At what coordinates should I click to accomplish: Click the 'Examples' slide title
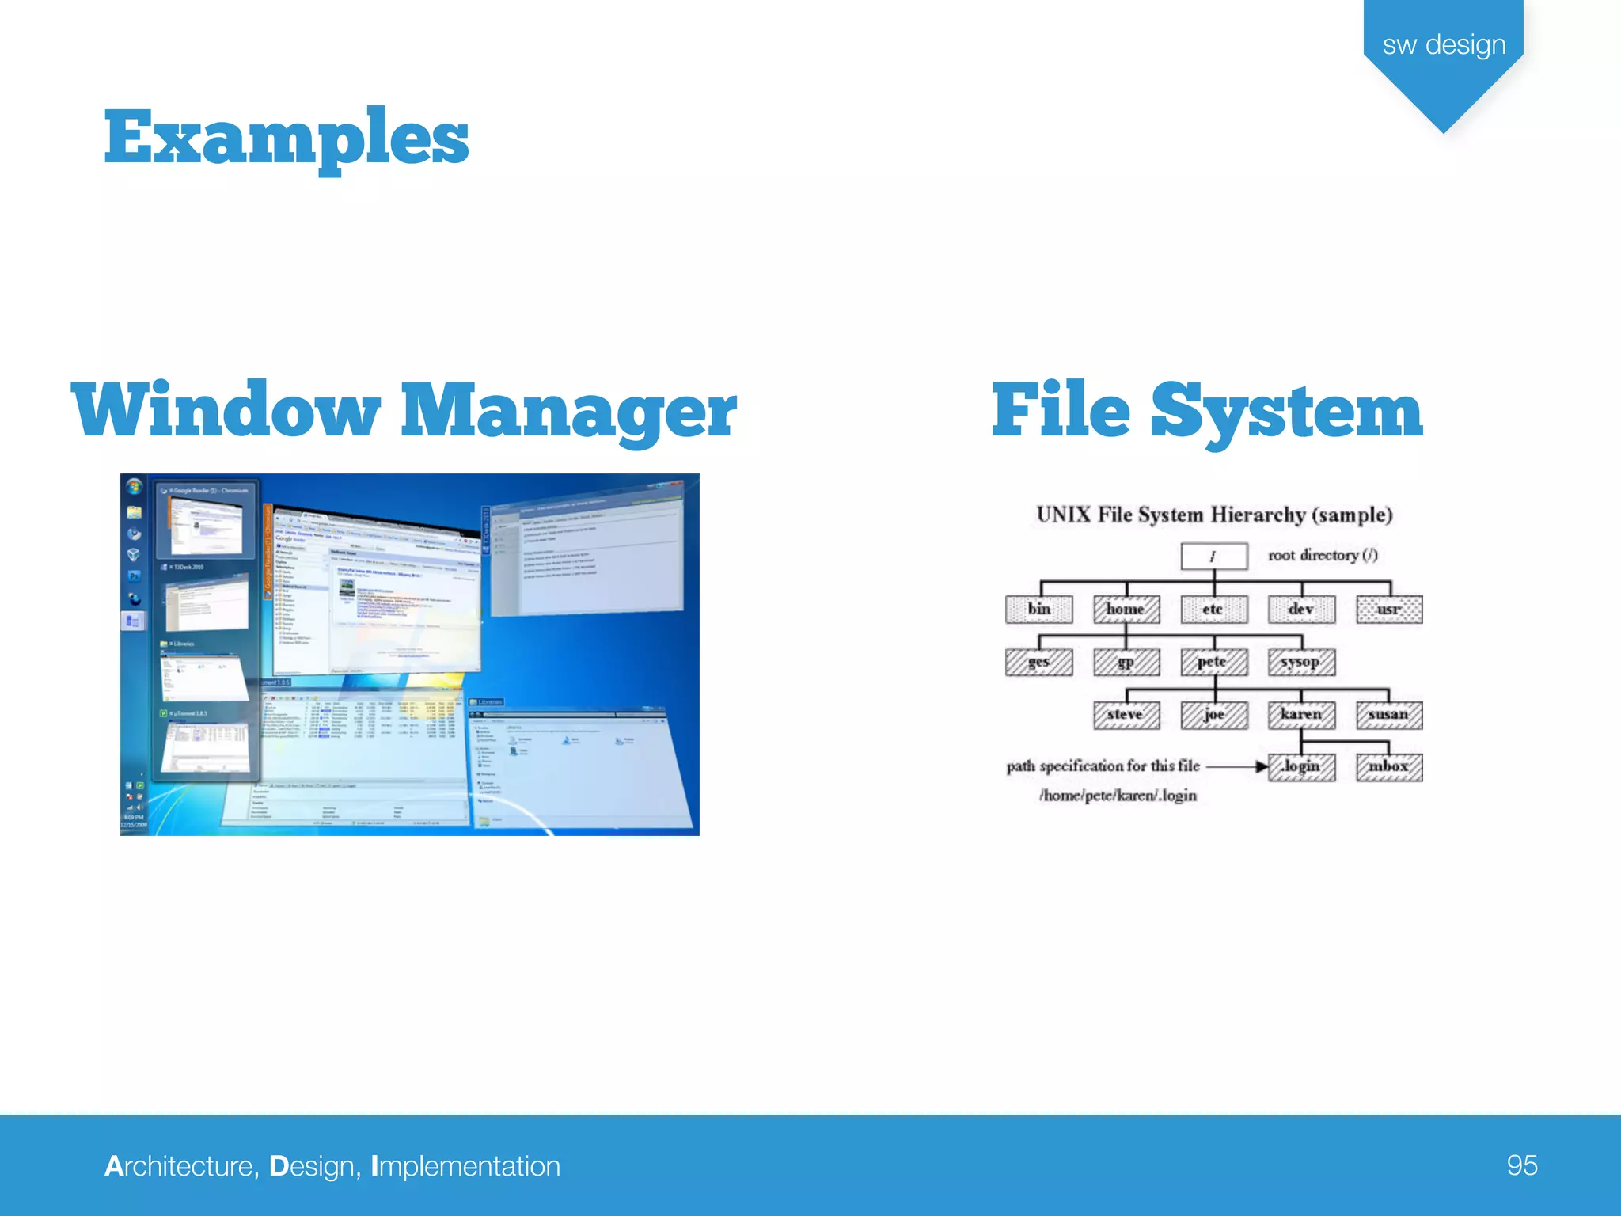tap(287, 139)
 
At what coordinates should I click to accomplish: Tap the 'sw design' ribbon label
tap(1443, 44)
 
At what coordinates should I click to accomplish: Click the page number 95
tap(1521, 1165)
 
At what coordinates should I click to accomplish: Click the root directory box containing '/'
tap(1213, 556)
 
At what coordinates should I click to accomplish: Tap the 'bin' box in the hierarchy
tap(1039, 609)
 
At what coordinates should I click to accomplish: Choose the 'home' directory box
tap(1126, 609)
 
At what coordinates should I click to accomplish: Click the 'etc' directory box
tap(1213, 609)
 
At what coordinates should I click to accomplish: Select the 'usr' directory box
tap(1389, 609)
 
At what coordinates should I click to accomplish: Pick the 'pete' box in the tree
tap(1213, 661)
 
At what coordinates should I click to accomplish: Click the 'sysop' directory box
tap(1301, 661)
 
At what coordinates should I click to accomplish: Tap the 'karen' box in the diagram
tap(1301, 714)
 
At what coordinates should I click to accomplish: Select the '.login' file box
tap(1301, 766)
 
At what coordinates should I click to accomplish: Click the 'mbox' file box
tap(1389, 766)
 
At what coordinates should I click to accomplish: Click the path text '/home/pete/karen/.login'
tap(1118, 796)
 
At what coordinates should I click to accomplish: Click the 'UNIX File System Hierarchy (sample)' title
tap(1214, 515)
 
